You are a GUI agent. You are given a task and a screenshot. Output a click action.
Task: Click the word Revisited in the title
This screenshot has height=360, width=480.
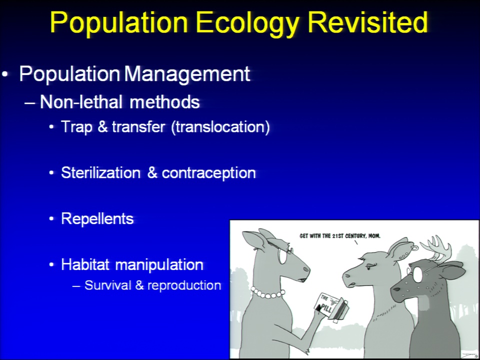click(x=367, y=22)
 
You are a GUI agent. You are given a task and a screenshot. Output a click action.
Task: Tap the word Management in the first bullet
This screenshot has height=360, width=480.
click(x=187, y=74)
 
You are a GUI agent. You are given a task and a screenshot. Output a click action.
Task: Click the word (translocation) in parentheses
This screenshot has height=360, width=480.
click(x=220, y=126)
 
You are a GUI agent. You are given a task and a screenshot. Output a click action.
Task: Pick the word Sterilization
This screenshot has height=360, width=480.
click(x=100, y=172)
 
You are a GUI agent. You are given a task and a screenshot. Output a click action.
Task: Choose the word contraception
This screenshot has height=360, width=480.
click(x=209, y=173)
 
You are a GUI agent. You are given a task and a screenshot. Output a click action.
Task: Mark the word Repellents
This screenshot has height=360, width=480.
click(x=97, y=219)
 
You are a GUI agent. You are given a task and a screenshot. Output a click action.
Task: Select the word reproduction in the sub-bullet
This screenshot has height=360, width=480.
click(x=184, y=285)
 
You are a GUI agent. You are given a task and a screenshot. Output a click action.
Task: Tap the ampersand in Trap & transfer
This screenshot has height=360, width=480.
click(x=103, y=126)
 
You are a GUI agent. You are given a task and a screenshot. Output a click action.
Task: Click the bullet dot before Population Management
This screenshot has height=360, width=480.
click(x=5, y=74)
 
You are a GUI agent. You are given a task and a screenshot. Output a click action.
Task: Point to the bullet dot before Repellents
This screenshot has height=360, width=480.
click(x=51, y=219)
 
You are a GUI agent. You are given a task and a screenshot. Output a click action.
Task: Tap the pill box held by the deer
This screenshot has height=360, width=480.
click(x=330, y=306)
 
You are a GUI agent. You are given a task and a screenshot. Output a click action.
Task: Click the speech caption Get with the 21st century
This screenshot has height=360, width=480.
click(x=340, y=236)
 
